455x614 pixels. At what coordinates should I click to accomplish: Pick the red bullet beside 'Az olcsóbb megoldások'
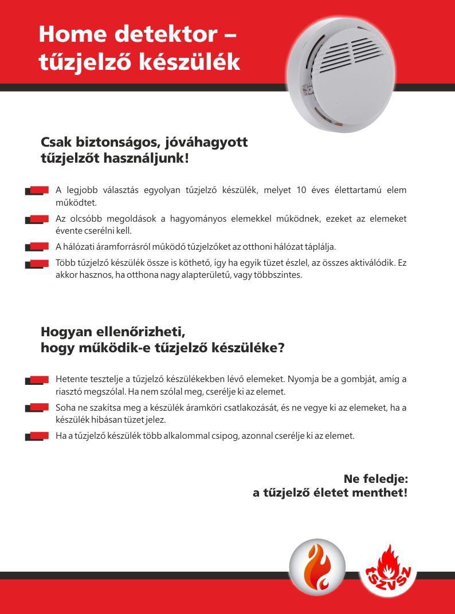(x=37, y=219)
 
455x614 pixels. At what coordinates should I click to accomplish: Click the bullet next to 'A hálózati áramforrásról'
(x=37, y=247)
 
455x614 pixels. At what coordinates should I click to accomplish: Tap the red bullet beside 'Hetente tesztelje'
(x=37, y=380)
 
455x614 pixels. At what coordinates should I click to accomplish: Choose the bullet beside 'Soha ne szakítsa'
(x=37, y=408)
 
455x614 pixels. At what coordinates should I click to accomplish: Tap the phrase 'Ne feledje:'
(x=375, y=478)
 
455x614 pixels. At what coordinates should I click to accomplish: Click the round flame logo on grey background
(x=317, y=567)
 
